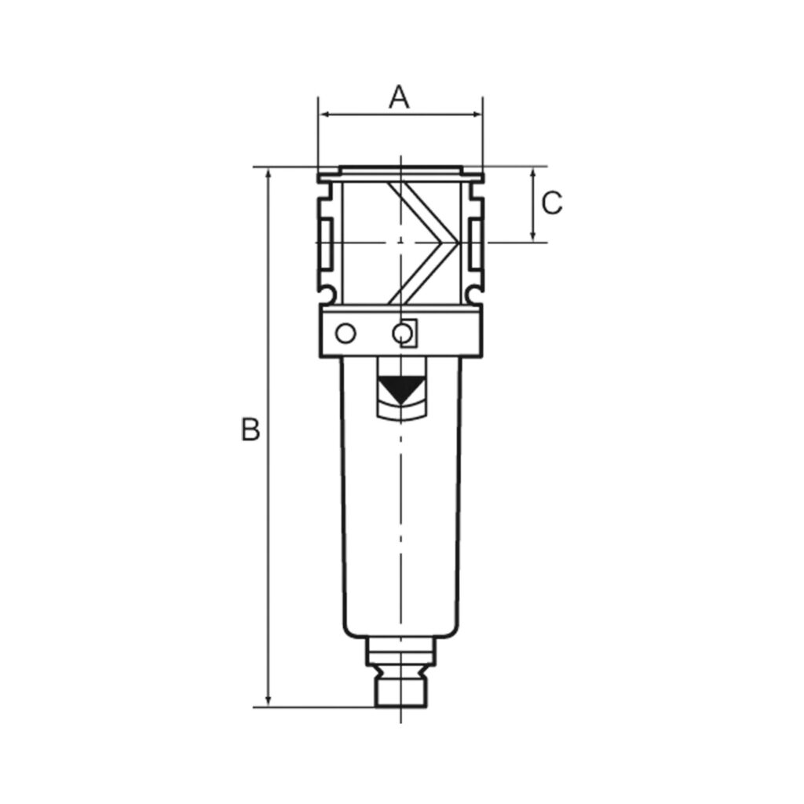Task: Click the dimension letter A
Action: (x=400, y=97)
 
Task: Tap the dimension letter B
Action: (x=250, y=430)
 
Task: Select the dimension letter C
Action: (x=552, y=203)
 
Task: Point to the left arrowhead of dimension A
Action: (x=323, y=115)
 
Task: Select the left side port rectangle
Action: (x=324, y=243)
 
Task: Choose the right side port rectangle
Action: (x=477, y=243)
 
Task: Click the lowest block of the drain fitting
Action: (x=401, y=692)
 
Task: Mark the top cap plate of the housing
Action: (x=400, y=170)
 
